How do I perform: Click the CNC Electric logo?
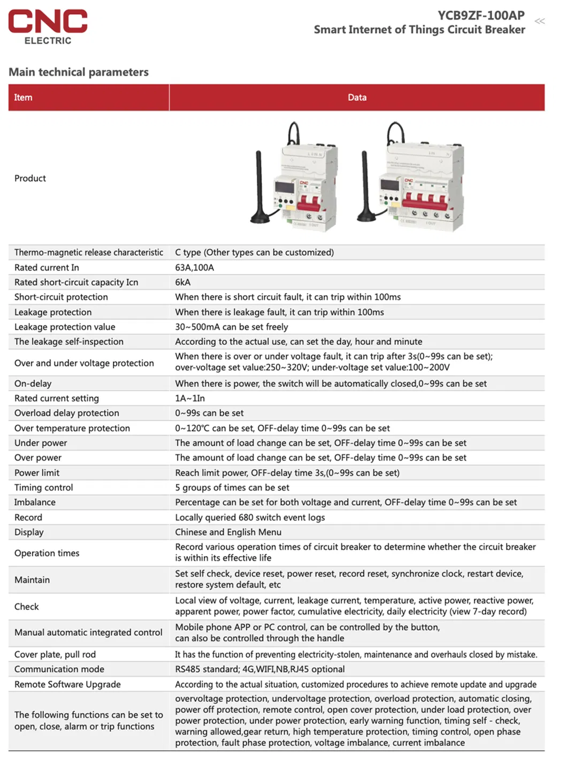click(x=48, y=26)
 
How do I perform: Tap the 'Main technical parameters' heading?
click(x=79, y=72)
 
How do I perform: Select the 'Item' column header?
click(x=23, y=97)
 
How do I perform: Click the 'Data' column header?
click(x=357, y=97)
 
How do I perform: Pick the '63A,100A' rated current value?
click(x=194, y=267)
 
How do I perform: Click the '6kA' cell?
click(x=182, y=282)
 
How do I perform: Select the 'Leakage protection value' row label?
click(x=65, y=327)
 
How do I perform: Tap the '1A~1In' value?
click(x=189, y=398)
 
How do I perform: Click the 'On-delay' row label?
click(x=33, y=383)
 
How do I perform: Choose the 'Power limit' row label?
click(x=37, y=473)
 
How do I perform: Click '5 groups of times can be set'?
click(x=232, y=488)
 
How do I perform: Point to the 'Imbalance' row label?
click(x=35, y=502)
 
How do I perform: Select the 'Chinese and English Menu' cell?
click(x=228, y=532)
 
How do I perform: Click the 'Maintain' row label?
click(x=32, y=580)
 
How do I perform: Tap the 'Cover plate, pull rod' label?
click(x=55, y=654)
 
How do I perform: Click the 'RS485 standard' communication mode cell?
click(x=259, y=669)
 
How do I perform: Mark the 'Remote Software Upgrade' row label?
click(x=67, y=684)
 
